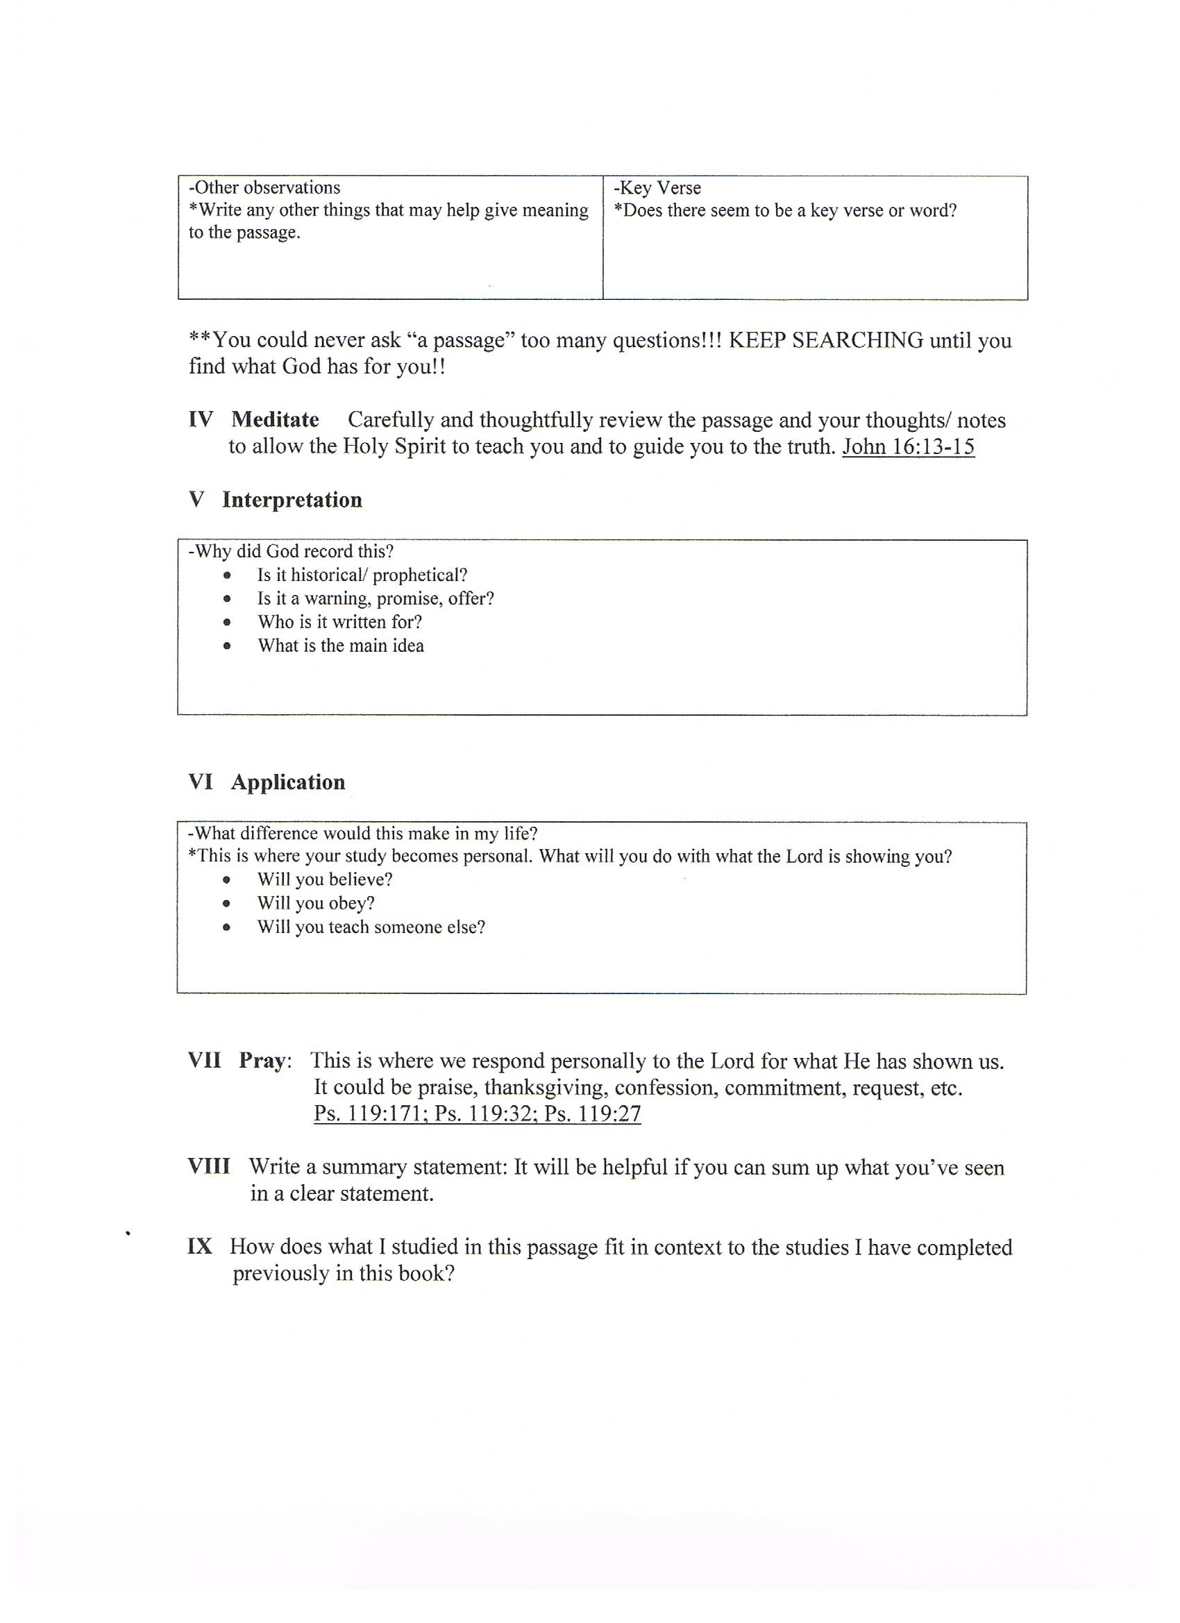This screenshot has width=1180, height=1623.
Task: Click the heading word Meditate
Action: pos(275,419)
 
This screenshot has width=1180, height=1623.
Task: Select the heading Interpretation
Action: pos(292,500)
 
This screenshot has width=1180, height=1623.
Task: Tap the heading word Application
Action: pos(287,782)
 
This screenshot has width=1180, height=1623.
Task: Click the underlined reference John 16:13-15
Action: pos(908,446)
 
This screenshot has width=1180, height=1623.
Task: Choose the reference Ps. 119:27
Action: pos(593,1113)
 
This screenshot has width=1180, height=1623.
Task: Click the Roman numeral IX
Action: pos(200,1247)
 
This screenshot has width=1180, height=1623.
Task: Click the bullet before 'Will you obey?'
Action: pos(227,904)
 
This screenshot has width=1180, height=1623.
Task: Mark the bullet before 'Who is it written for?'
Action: pos(227,622)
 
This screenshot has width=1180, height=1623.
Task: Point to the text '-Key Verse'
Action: pos(657,187)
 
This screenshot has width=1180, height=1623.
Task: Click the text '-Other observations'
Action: pos(264,187)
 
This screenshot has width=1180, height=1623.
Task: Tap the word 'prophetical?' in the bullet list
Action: pos(420,575)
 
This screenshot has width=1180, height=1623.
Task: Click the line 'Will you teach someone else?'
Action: pos(371,927)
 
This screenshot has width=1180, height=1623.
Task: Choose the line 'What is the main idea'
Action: pos(341,646)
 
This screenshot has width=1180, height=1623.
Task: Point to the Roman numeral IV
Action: pos(201,419)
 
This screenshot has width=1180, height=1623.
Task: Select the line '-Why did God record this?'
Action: pos(291,551)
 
